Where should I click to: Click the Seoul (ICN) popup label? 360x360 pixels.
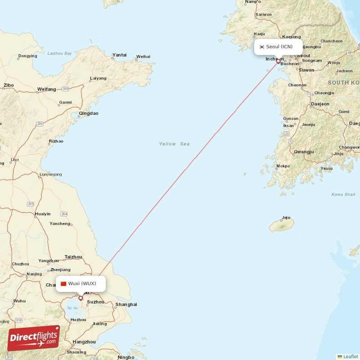(x=279, y=47)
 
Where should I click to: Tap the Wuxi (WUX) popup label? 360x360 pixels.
(x=81, y=283)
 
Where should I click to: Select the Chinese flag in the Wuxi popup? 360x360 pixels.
(x=63, y=283)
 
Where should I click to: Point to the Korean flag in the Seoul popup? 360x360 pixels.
(x=261, y=47)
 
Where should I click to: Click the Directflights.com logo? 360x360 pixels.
(x=33, y=337)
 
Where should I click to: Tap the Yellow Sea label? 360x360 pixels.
(x=174, y=144)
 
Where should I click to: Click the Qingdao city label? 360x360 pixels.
(x=88, y=113)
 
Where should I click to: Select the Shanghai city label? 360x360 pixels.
(x=126, y=305)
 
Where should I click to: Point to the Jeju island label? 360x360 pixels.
(x=286, y=218)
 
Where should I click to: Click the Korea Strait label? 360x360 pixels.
(x=343, y=194)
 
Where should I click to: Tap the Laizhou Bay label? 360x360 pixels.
(x=59, y=54)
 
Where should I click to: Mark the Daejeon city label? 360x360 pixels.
(x=320, y=104)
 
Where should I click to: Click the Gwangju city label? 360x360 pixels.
(x=303, y=152)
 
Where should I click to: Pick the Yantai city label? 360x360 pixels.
(x=119, y=55)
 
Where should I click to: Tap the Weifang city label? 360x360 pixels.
(x=46, y=89)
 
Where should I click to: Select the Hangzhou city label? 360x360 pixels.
(x=84, y=342)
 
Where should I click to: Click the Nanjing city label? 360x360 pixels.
(x=34, y=274)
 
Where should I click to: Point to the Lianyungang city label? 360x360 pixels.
(x=51, y=174)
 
